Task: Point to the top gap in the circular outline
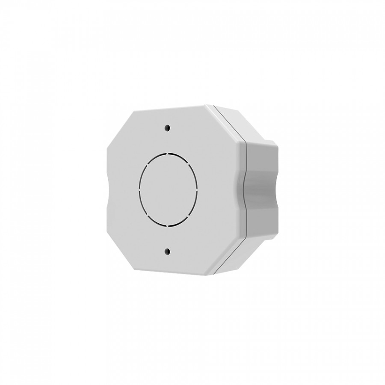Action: click(x=168, y=153)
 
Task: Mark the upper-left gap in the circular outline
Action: click(x=147, y=164)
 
